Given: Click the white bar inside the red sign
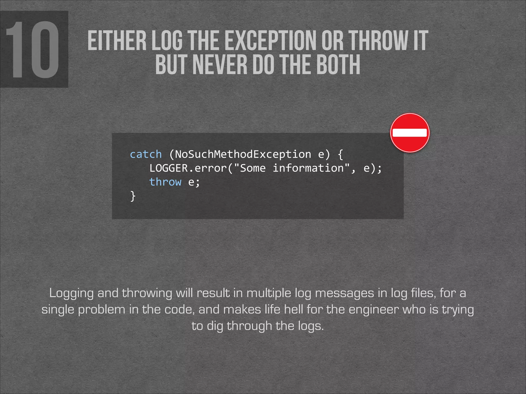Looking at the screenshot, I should coord(410,133).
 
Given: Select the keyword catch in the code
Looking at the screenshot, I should coord(146,154).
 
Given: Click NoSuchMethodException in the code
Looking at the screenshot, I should coord(243,154).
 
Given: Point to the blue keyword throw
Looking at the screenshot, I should coord(165,182).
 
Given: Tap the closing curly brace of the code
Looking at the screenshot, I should coord(133,196).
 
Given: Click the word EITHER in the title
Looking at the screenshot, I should coord(117,41).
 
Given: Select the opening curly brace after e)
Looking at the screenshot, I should coord(340,154).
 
